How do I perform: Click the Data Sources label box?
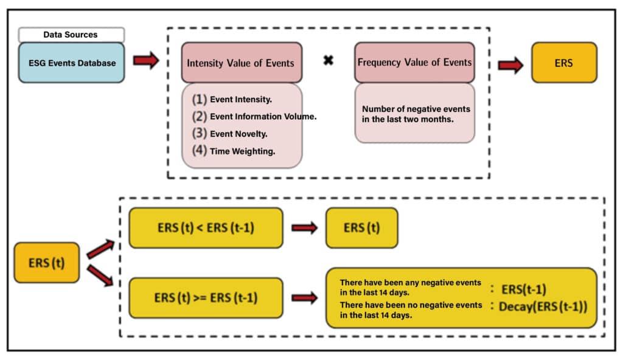(x=71, y=35)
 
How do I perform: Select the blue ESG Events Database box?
(x=71, y=63)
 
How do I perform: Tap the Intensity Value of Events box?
(x=241, y=63)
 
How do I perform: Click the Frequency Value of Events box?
(x=414, y=63)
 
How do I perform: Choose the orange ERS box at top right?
(x=564, y=63)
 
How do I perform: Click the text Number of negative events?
(x=416, y=109)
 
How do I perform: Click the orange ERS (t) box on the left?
(x=46, y=263)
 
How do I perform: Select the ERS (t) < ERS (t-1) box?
(x=206, y=228)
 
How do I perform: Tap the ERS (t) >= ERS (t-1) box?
(x=206, y=298)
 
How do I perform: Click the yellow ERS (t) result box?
(x=362, y=228)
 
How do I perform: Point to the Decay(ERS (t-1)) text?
(x=543, y=307)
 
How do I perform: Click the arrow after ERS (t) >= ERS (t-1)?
(x=305, y=298)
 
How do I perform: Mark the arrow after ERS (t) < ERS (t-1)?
(x=305, y=228)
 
